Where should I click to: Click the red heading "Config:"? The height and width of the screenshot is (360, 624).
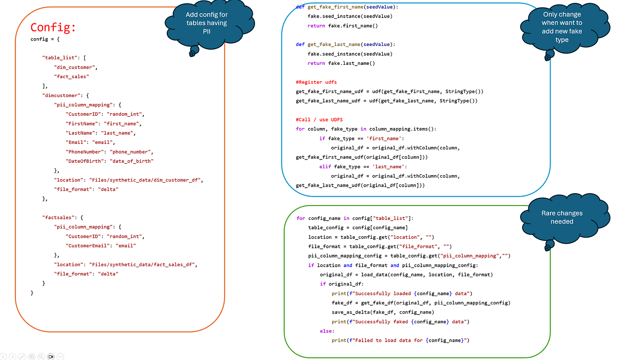(x=53, y=28)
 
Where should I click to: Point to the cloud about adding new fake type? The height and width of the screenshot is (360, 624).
(x=562, y=27)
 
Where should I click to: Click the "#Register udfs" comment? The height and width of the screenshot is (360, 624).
(x=316, y=82)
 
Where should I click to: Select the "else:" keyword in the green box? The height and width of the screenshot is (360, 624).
(x=327, y=331)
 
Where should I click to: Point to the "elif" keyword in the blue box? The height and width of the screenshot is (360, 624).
(x=325, y=166)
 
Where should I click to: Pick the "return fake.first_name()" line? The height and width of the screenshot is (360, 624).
(x=342, y=26)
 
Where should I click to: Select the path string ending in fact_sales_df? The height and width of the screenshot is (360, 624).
(x=143, y=264)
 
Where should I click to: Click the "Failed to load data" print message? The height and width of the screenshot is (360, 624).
(x=400, y=340)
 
